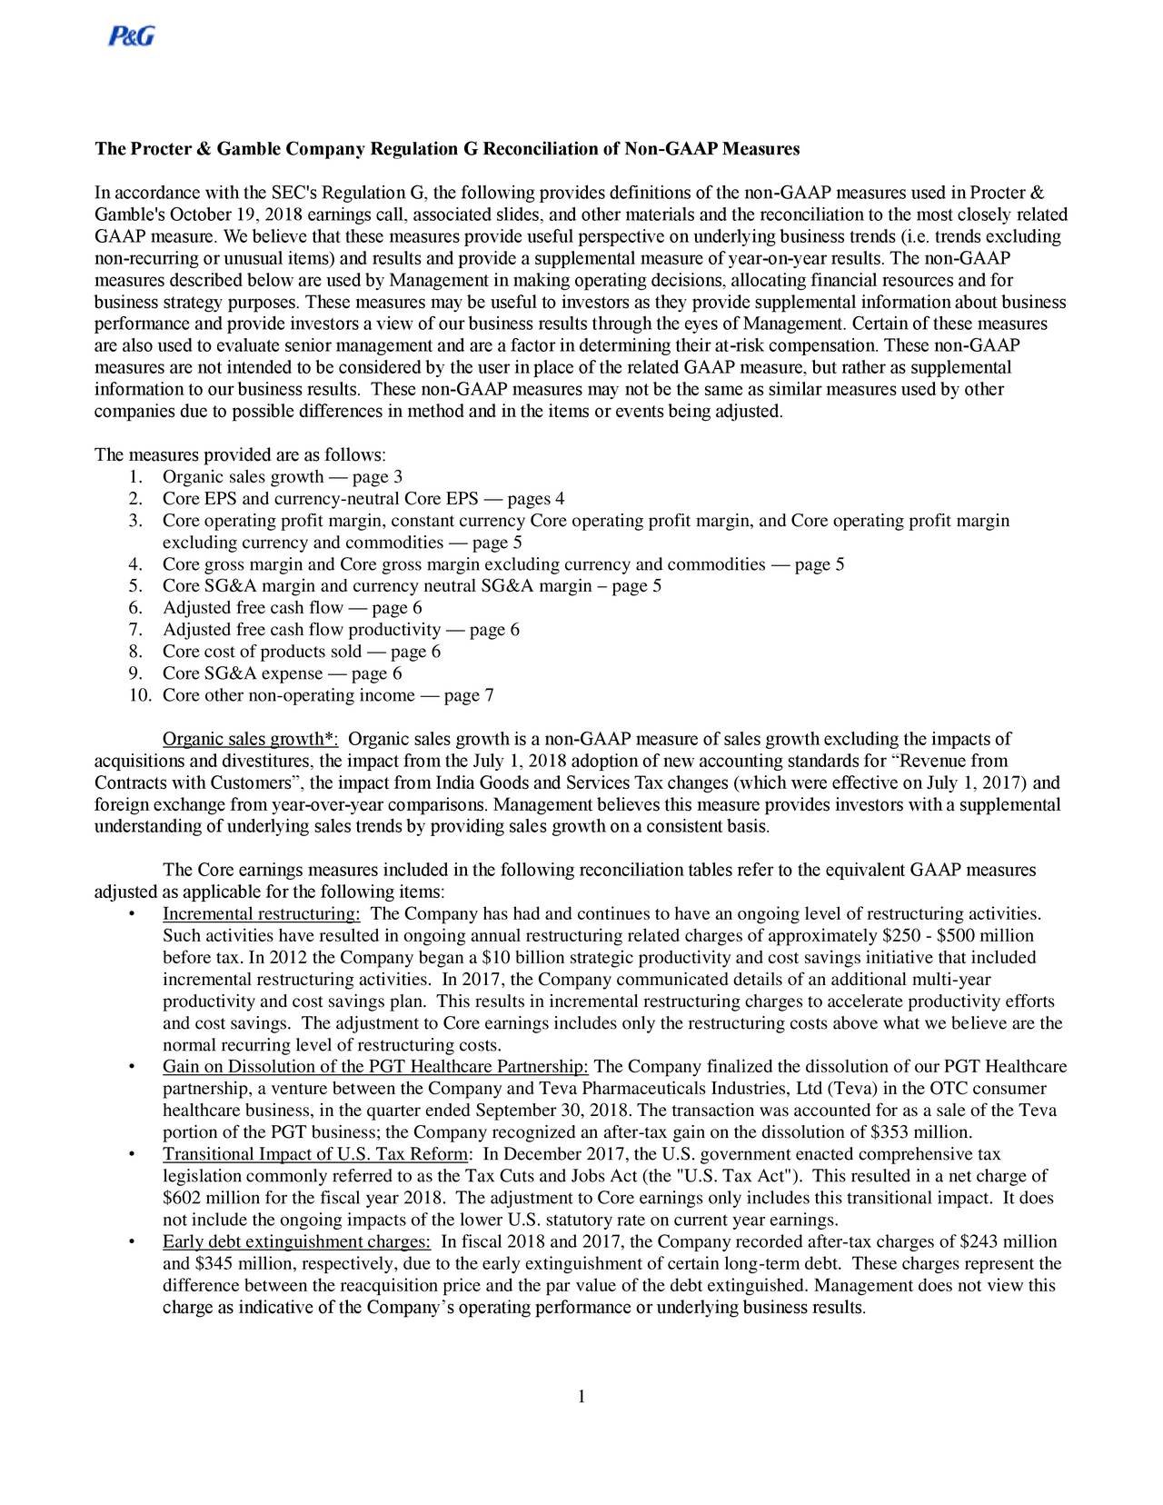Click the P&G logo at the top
pos(132,35)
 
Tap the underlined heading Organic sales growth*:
pos(250,739)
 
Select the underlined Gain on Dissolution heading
pos(376,1066)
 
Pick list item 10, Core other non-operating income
pos(327,695)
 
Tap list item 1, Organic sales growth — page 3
pos(282,477)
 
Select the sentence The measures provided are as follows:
pos(241,454)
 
